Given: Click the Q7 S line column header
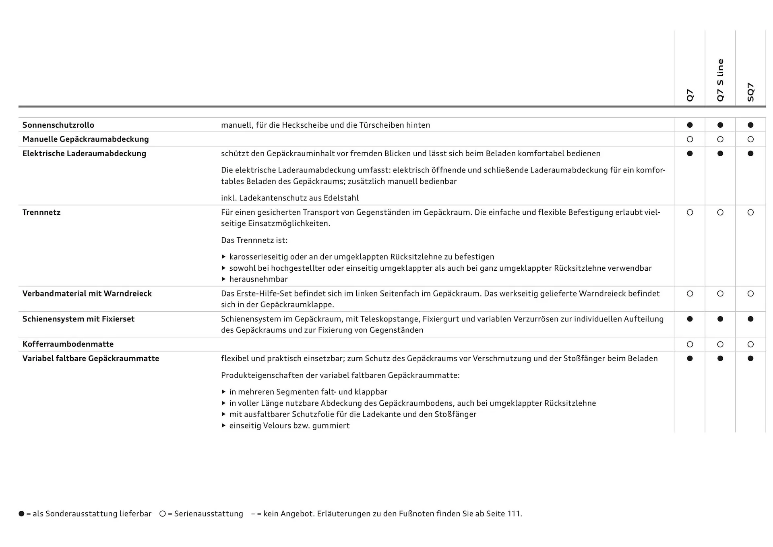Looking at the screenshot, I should click(720, 80).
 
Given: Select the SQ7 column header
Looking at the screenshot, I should click(750, 92).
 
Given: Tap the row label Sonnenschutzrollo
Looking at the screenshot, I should click(58, 125).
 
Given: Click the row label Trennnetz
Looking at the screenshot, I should click(41, 212).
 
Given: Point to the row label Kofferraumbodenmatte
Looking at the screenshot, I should click(68, 344).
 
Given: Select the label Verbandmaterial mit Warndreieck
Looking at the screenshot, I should click(87, 293).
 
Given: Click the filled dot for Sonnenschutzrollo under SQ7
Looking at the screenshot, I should click(750, 125).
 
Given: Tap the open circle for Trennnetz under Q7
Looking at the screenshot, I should click(690, 212).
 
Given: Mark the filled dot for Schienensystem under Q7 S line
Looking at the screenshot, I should click(720, 319).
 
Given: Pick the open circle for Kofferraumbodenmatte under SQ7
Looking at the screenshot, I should click(750, 344).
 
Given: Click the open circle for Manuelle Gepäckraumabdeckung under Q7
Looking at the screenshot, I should click(690, 139).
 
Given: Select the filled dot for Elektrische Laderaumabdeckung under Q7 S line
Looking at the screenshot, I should click(720, 153).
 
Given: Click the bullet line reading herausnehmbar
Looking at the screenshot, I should click(258, 279).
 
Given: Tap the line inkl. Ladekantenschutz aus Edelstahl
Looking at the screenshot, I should click(290, 198).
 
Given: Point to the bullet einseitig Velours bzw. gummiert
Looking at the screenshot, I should click(289, 425).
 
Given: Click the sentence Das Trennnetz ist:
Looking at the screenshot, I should click(254, 240).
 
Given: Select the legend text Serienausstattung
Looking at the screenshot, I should click(209, 514).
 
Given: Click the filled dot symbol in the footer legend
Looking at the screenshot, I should click(21, 514).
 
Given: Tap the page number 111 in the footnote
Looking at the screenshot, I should click(514, 514).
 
